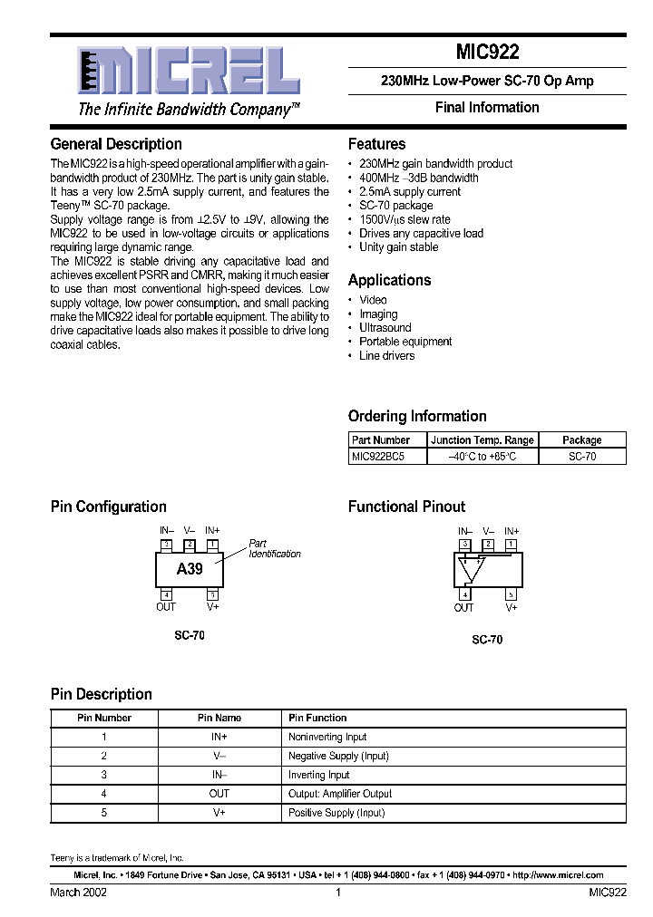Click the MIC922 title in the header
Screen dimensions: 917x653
[487, 53]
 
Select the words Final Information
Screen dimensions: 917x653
[487, 108]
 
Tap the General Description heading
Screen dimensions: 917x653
[116, 144]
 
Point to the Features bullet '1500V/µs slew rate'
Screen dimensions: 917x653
[404, 219]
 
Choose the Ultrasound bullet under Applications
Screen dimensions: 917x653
[385, 328]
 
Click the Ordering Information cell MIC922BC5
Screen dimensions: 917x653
[377, 457]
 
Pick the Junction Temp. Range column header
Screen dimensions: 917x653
[482, 440]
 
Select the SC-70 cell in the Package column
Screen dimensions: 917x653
[582, 457]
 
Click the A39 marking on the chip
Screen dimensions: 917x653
[190, 569]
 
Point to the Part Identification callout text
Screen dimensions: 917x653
[275, 549]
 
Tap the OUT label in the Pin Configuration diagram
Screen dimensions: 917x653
[166, 607]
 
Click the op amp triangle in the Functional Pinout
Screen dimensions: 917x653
[473, 568]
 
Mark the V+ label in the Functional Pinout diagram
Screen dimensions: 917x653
[512, 608]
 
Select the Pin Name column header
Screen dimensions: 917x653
[219, 718]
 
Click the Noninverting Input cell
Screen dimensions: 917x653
[327, 737]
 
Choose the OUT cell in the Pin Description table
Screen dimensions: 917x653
[219, 794]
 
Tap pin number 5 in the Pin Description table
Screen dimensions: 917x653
[104, 813]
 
